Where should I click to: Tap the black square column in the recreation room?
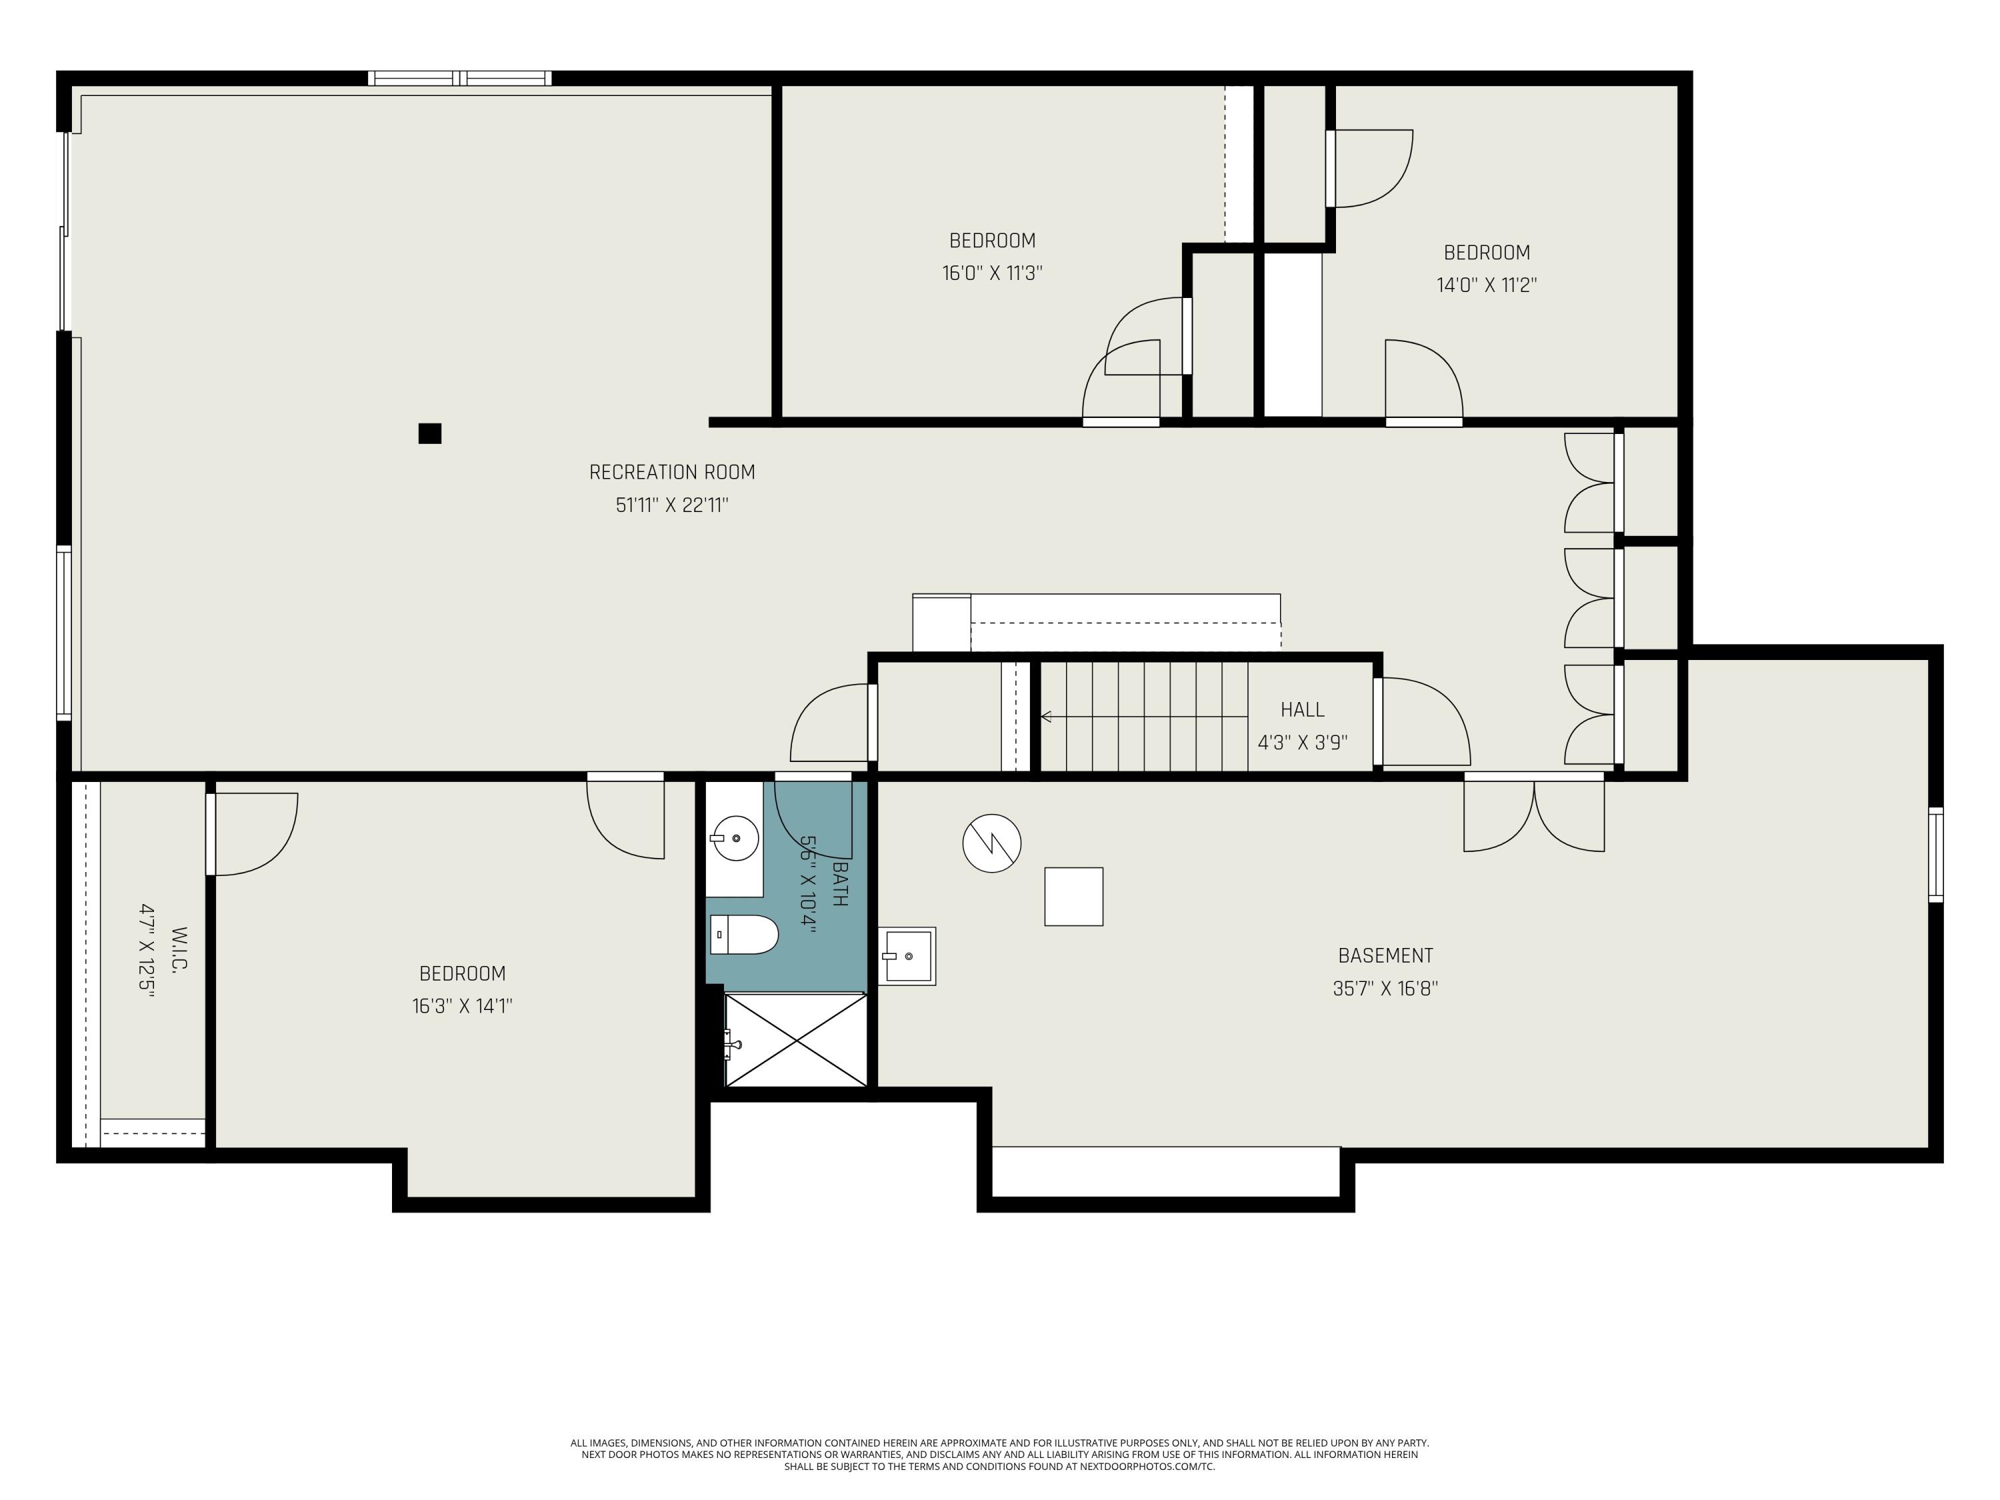(x=429, y=433)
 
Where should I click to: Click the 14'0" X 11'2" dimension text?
(x=1487, y=285)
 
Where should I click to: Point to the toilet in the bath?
(x=744, y=934)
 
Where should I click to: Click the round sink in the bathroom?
(x=735, y=838)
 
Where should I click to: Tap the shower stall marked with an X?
(x=795, y=1040)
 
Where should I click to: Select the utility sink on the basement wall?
(x=906, y=956)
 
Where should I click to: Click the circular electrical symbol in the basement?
(x=992, y=843)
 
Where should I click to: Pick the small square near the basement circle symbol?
(x=1073, y=896)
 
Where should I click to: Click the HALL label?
(x=1302, y=710)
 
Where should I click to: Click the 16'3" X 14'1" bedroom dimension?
(x=462, y=1006)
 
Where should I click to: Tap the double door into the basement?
(x=1533, y=814)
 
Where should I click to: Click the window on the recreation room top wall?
(x=459, y=79)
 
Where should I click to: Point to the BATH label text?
(x=839, y=884)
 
